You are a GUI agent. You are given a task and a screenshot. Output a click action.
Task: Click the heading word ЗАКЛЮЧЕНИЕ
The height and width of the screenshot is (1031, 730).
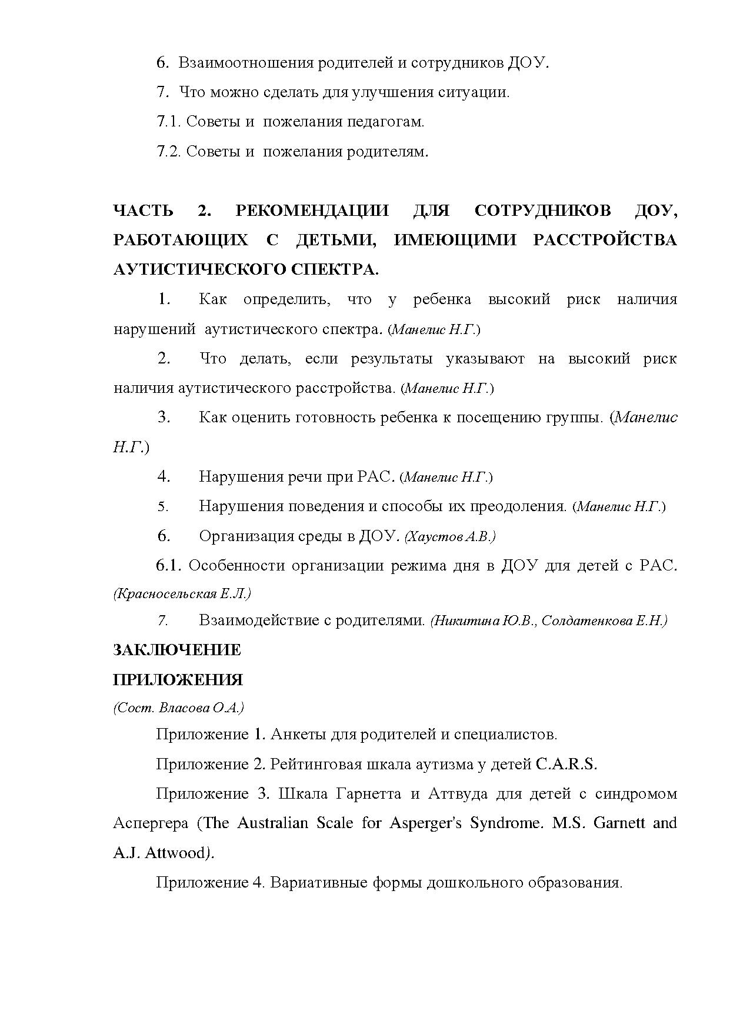point(176,650)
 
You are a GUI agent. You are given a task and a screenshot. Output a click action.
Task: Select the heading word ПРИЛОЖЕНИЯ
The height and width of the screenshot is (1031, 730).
point(178,680)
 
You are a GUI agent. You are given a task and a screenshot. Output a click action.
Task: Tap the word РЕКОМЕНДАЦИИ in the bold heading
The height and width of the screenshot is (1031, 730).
point(312,211)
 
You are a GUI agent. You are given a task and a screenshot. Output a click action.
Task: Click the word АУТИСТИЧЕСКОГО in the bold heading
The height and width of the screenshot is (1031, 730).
point(200,270)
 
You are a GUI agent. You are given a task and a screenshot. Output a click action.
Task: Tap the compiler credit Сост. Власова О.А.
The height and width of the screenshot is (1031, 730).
point(178,708)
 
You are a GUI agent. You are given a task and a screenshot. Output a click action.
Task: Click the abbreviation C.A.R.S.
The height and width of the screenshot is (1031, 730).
point(566,764)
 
